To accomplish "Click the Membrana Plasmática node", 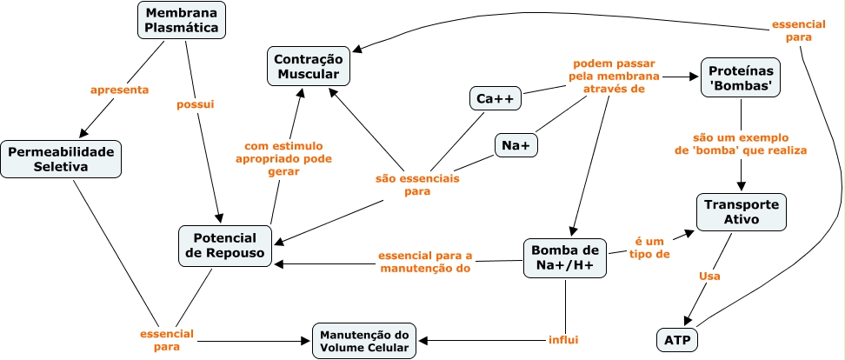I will pos(182,21).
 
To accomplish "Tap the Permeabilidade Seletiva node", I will pos(61,159).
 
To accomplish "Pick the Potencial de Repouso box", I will pos(224,245).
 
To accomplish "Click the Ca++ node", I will pos(495,98).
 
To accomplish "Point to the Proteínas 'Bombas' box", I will pos(741,77).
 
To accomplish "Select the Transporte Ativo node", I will pos(742,212).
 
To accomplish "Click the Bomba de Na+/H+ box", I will pos(564,258).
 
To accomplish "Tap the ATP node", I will pos(678,339).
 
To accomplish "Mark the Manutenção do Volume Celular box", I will pos(364,341).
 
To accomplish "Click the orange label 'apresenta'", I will pos(120,90).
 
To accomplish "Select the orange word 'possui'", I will pos(195,103).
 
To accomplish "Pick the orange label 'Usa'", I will pos(710,276).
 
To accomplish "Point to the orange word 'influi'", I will pos(563,339).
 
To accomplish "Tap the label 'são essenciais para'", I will pos(417,184).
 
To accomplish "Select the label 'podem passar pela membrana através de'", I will pos(614,76).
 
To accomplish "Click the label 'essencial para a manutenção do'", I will pos(425,262).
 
